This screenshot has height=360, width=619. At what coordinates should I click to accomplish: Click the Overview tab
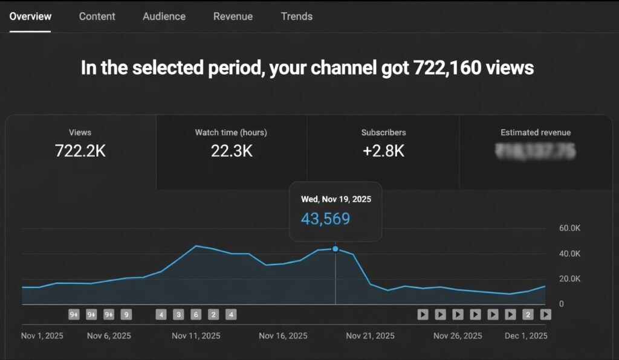30,16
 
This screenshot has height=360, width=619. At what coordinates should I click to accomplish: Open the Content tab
97,16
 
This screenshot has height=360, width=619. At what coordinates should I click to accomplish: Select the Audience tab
164,16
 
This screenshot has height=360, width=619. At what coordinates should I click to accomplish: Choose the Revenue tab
233,16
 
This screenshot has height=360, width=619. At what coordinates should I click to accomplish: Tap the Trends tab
297,16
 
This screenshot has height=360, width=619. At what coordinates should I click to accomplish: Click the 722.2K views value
80,151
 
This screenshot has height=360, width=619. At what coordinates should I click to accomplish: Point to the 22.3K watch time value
232,151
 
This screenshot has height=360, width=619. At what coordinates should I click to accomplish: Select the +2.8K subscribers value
383,151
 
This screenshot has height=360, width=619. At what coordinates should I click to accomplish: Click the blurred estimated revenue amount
535,150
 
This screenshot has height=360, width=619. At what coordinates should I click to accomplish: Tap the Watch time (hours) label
231,132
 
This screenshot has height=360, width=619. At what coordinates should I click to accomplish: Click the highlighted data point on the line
335,249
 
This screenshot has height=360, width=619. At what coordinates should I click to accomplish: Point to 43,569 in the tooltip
326,219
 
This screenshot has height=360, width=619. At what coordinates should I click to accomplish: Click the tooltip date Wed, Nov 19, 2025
336,199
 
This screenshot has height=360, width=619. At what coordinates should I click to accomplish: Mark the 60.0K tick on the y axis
569,228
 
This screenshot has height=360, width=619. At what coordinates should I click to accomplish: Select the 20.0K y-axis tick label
569,278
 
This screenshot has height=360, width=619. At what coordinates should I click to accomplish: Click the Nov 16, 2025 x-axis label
283,335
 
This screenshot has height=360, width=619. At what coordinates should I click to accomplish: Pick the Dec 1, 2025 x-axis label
526,335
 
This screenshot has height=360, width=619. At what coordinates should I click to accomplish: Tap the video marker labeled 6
196,314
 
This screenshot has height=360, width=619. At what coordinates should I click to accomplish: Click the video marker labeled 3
178,314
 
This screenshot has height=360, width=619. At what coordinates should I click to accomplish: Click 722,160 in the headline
447,67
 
